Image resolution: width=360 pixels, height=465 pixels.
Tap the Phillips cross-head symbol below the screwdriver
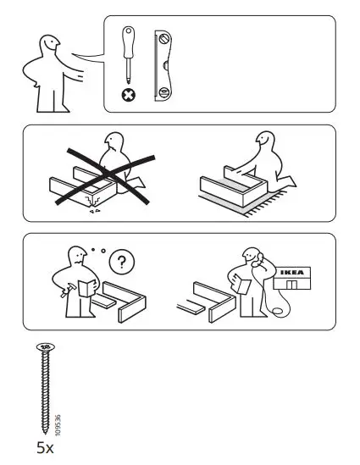tap(129, 97)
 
